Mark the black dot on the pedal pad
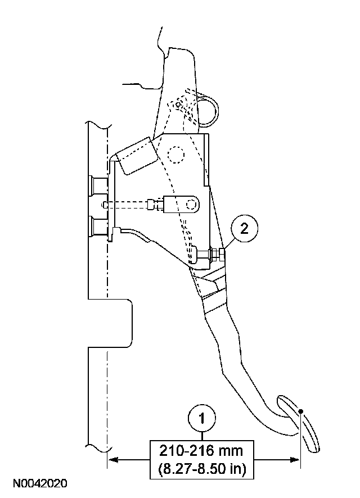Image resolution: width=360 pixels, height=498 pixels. [301, 411]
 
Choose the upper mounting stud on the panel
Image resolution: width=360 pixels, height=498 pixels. [98, 184]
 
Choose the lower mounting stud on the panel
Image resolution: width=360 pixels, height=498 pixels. [98, 227]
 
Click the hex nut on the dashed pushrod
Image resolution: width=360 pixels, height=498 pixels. [151, 205]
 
